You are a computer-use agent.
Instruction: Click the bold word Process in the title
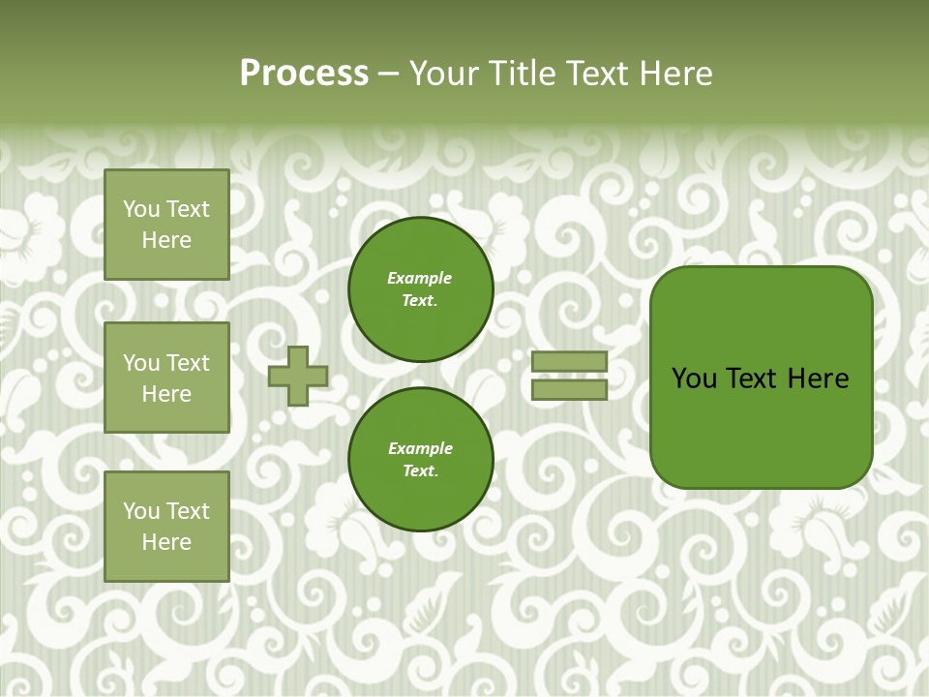[x=304, y=74]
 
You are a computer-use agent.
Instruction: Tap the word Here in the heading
[x=675, y=74]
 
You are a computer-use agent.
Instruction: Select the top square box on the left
[x=166, y=225]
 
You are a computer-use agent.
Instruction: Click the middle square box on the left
[x=166, y=378]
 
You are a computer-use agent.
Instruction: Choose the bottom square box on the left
[x=166, y=527]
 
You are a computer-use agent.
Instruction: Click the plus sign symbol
[x=298, y=376]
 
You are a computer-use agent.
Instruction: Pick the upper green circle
[x=421, y=289]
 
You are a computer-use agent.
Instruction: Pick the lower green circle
[x=421, y=460]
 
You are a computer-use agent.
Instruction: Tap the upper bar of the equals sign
[x=569, y=362]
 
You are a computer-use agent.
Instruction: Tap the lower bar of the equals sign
[x=569, y=390]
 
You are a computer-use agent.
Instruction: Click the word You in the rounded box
[x=694, y=379]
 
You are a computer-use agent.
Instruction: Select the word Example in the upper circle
[x=420, y=278]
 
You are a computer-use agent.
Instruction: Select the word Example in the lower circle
[x=420, y=448]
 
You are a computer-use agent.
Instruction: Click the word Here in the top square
[x=166, y=240]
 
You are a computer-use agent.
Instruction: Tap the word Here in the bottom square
[x=166, y=542]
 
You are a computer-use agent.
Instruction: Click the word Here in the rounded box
[x=818, y=379]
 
